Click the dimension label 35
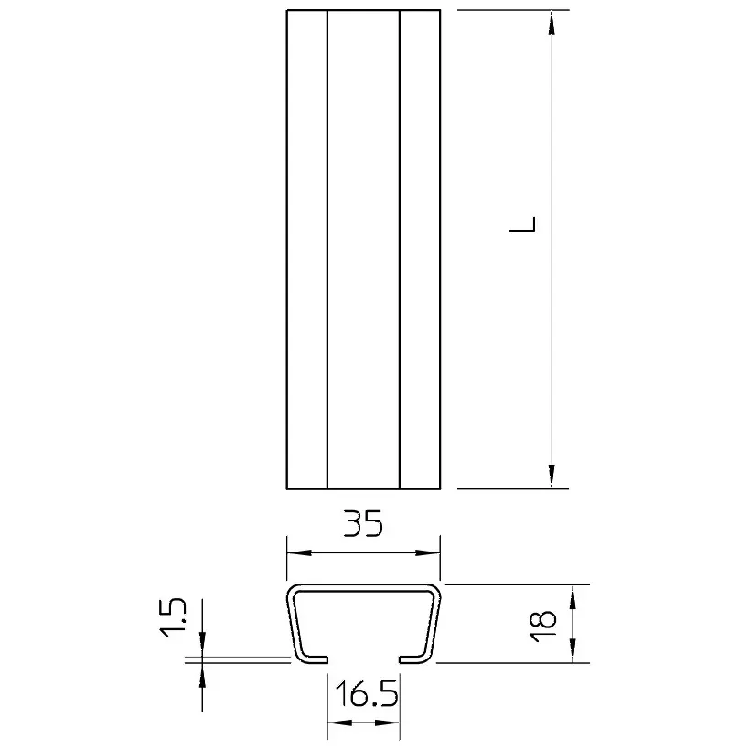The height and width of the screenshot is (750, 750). (363, 523)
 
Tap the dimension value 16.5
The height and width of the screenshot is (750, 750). (367, 694)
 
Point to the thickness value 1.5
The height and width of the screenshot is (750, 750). (172, 616)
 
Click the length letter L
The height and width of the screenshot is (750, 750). (522, 224)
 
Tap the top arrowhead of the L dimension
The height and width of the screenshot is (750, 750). (552, 23)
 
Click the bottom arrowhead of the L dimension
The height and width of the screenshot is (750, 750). (552, 477)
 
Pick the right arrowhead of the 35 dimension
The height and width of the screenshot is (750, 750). (428, 553)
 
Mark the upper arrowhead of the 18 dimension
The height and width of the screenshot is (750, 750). (573, 596)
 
